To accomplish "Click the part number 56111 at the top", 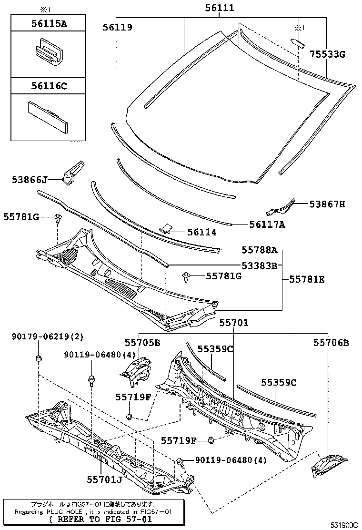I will [220, 8].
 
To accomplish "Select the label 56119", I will [117, 27].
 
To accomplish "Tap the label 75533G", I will [327, 54].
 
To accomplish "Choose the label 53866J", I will [30, 180].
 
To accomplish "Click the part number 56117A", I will [267, 224].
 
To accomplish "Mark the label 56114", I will [201, 232].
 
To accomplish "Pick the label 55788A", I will [259, 250].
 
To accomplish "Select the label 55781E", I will [307, 280].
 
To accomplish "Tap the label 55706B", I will [331, 342].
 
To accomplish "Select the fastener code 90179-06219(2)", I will [47, 337].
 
